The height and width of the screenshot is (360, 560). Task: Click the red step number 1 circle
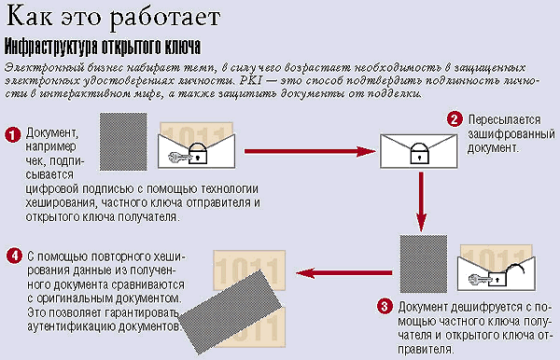12,135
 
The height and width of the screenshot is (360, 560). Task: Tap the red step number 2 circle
455,119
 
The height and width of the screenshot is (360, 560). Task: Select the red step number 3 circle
385,307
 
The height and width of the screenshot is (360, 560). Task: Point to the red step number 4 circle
14,256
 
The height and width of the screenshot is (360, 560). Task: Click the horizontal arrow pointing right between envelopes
310,151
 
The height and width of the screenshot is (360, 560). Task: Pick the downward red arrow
422,201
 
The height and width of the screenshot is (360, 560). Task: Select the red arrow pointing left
343,273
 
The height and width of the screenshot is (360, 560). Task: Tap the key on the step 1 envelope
177,157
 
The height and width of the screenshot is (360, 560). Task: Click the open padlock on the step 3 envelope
504,274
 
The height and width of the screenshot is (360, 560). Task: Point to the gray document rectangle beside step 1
123,142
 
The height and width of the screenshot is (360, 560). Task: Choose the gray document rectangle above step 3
424,264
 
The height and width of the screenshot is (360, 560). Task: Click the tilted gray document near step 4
231,312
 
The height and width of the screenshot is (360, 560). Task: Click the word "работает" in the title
164,17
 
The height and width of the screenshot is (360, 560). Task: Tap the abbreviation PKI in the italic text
251,80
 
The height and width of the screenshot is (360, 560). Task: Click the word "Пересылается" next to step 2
504,119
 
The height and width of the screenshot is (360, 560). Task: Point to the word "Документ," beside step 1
52,132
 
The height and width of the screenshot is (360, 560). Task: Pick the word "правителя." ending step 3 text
426,350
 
